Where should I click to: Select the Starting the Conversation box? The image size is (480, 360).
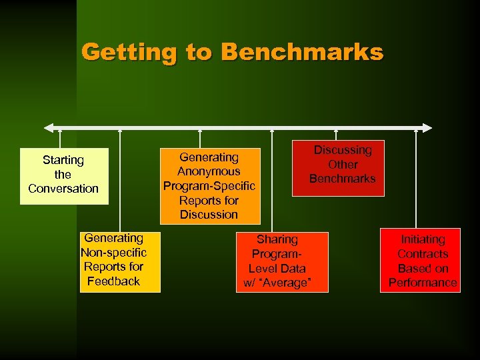coord(63,175)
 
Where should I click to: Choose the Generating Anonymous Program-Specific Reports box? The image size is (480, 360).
coord(209,185)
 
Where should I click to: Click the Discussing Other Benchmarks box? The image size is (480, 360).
coord(338,167)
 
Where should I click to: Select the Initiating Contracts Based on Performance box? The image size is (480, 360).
coord(422,261)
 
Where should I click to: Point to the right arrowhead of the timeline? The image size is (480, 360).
coord(427,128)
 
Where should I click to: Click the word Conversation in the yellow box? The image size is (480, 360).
coord(63,189)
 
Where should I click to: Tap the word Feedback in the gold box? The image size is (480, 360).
coord(113,281)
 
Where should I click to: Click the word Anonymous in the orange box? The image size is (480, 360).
coord(209,171)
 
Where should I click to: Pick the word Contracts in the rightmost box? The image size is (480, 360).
coord(423,254)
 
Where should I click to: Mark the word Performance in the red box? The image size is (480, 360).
coord(423,283)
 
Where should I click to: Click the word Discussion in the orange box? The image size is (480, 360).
coord(209,215)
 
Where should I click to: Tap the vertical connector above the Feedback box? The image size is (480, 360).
coord(120,180)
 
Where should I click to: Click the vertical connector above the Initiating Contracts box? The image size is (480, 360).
coord(416,180)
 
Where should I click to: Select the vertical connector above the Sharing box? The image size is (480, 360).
coord(272,180)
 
